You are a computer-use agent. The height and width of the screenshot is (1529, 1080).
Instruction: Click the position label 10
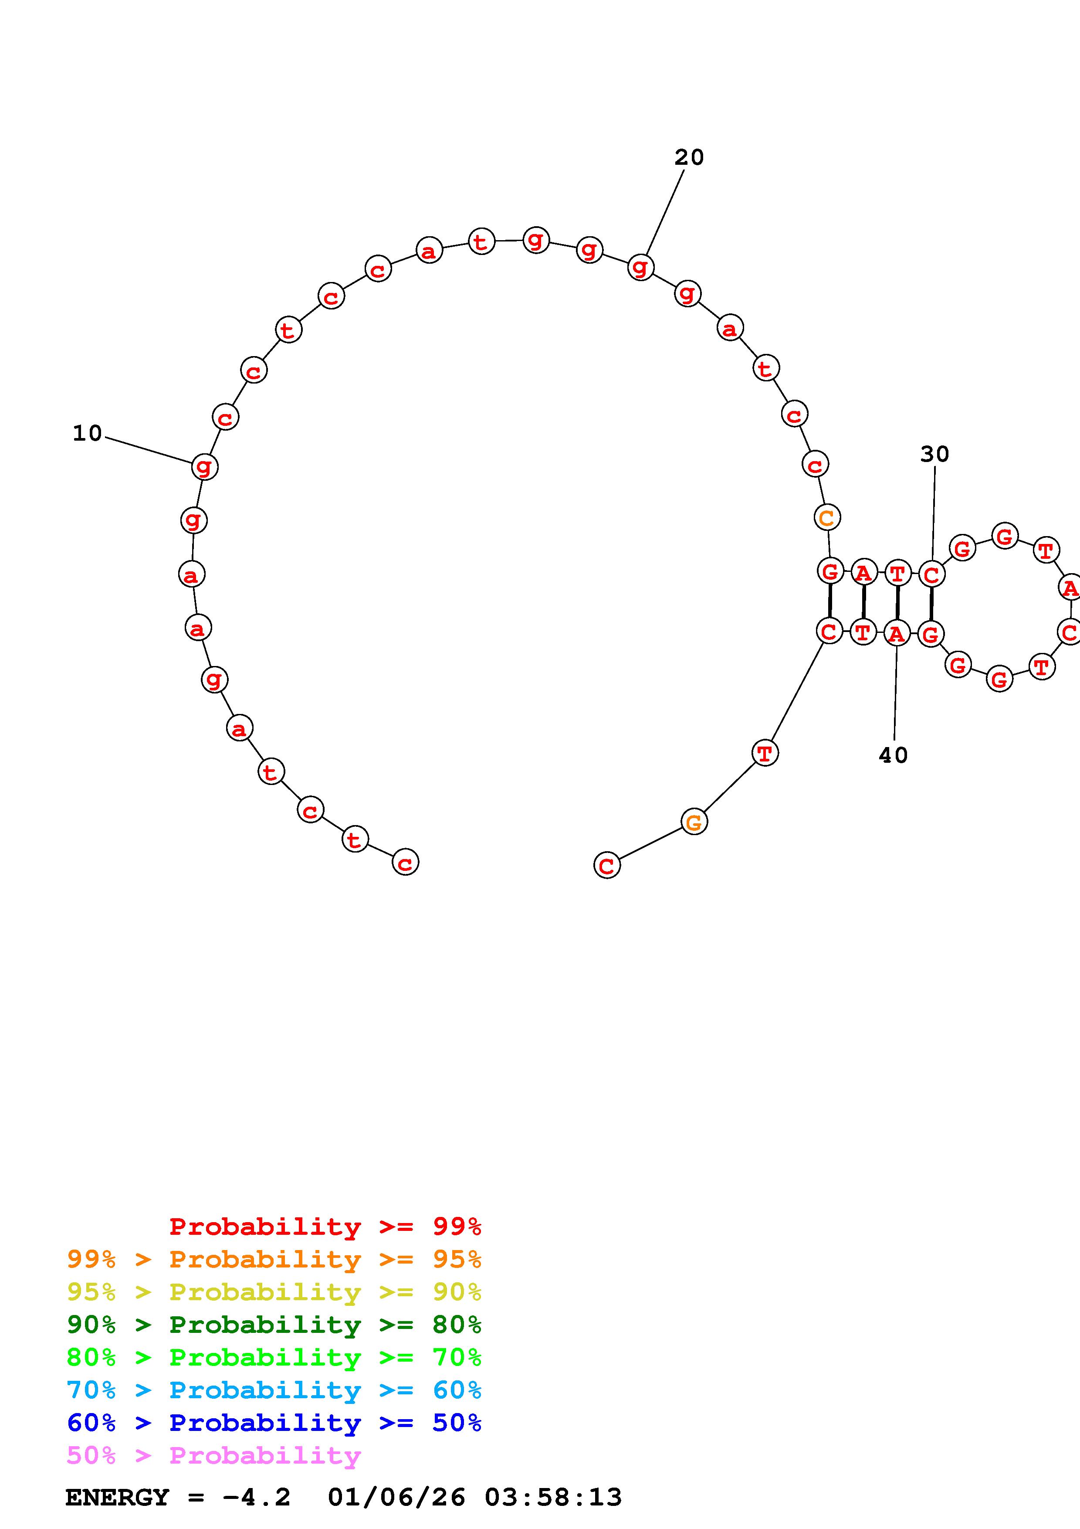click(x=87, y=434)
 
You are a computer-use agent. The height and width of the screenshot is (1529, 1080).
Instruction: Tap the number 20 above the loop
click(x=689, y=157)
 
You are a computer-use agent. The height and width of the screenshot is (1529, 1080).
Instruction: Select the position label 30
click(x=934, y=454)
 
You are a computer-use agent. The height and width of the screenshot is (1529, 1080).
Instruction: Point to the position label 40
click(x=893, y=755)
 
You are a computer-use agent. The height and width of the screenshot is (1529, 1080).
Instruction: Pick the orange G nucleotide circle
click(x=694, y=822)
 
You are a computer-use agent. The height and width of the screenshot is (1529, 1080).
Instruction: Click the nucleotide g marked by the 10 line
click(x=204, y=467)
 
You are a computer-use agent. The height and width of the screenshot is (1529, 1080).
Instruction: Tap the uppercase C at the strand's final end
click(x=606, y=866)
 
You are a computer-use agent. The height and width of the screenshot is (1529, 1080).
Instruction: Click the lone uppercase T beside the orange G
click(x=765, y=753)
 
